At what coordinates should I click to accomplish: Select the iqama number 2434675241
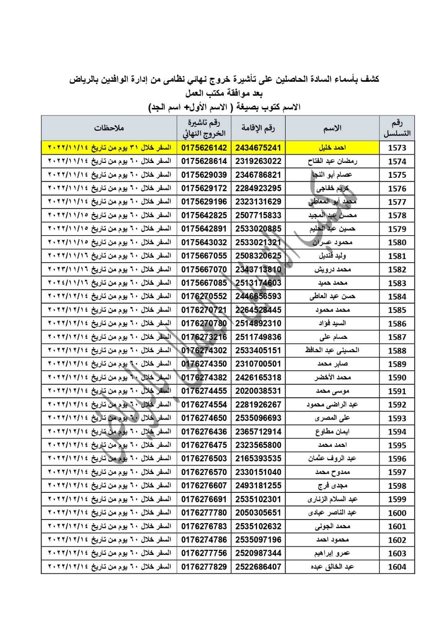tap(258, 148)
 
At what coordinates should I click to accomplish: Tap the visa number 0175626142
tap(204, 148)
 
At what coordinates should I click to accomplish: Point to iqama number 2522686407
tap(258, 567)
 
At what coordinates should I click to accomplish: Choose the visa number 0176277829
tap(204, 567)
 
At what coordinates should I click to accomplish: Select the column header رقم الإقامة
tap(258, 128)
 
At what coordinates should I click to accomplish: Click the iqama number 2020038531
tap(258, 391)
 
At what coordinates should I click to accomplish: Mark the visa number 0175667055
tap(204, 256)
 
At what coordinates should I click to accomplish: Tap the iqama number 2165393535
tap(258, 458)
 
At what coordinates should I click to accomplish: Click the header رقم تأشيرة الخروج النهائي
tap(204, 128)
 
